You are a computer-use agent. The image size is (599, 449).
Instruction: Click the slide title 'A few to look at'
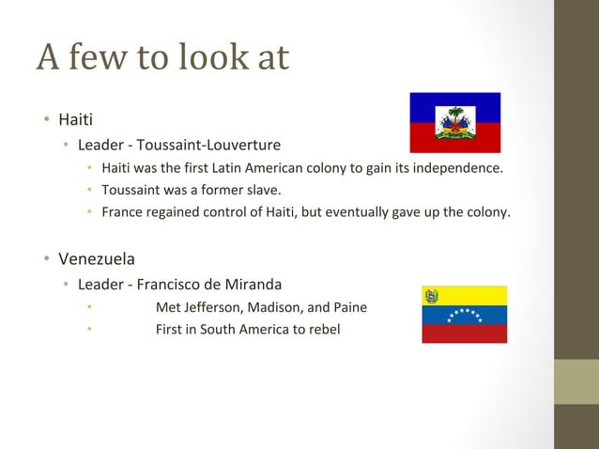[162, 58]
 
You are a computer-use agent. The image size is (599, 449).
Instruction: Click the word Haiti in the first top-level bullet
[75, 120]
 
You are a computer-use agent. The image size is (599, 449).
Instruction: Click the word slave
[261, 191]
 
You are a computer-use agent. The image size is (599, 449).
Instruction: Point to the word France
[122, 212]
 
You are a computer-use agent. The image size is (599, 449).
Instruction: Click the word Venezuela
[97, 258]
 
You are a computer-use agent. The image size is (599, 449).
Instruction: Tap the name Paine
[349, 307]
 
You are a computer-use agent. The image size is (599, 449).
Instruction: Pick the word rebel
[322, 330]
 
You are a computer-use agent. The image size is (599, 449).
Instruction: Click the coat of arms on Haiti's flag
[455, 123]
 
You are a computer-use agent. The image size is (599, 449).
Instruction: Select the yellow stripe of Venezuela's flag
[474, 295]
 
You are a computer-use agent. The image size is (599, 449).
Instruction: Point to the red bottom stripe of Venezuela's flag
[464, 333]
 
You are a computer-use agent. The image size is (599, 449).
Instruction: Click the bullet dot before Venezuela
[44, 258]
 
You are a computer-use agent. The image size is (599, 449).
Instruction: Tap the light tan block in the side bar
[576, 381]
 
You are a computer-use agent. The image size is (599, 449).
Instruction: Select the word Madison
[275, 307]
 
